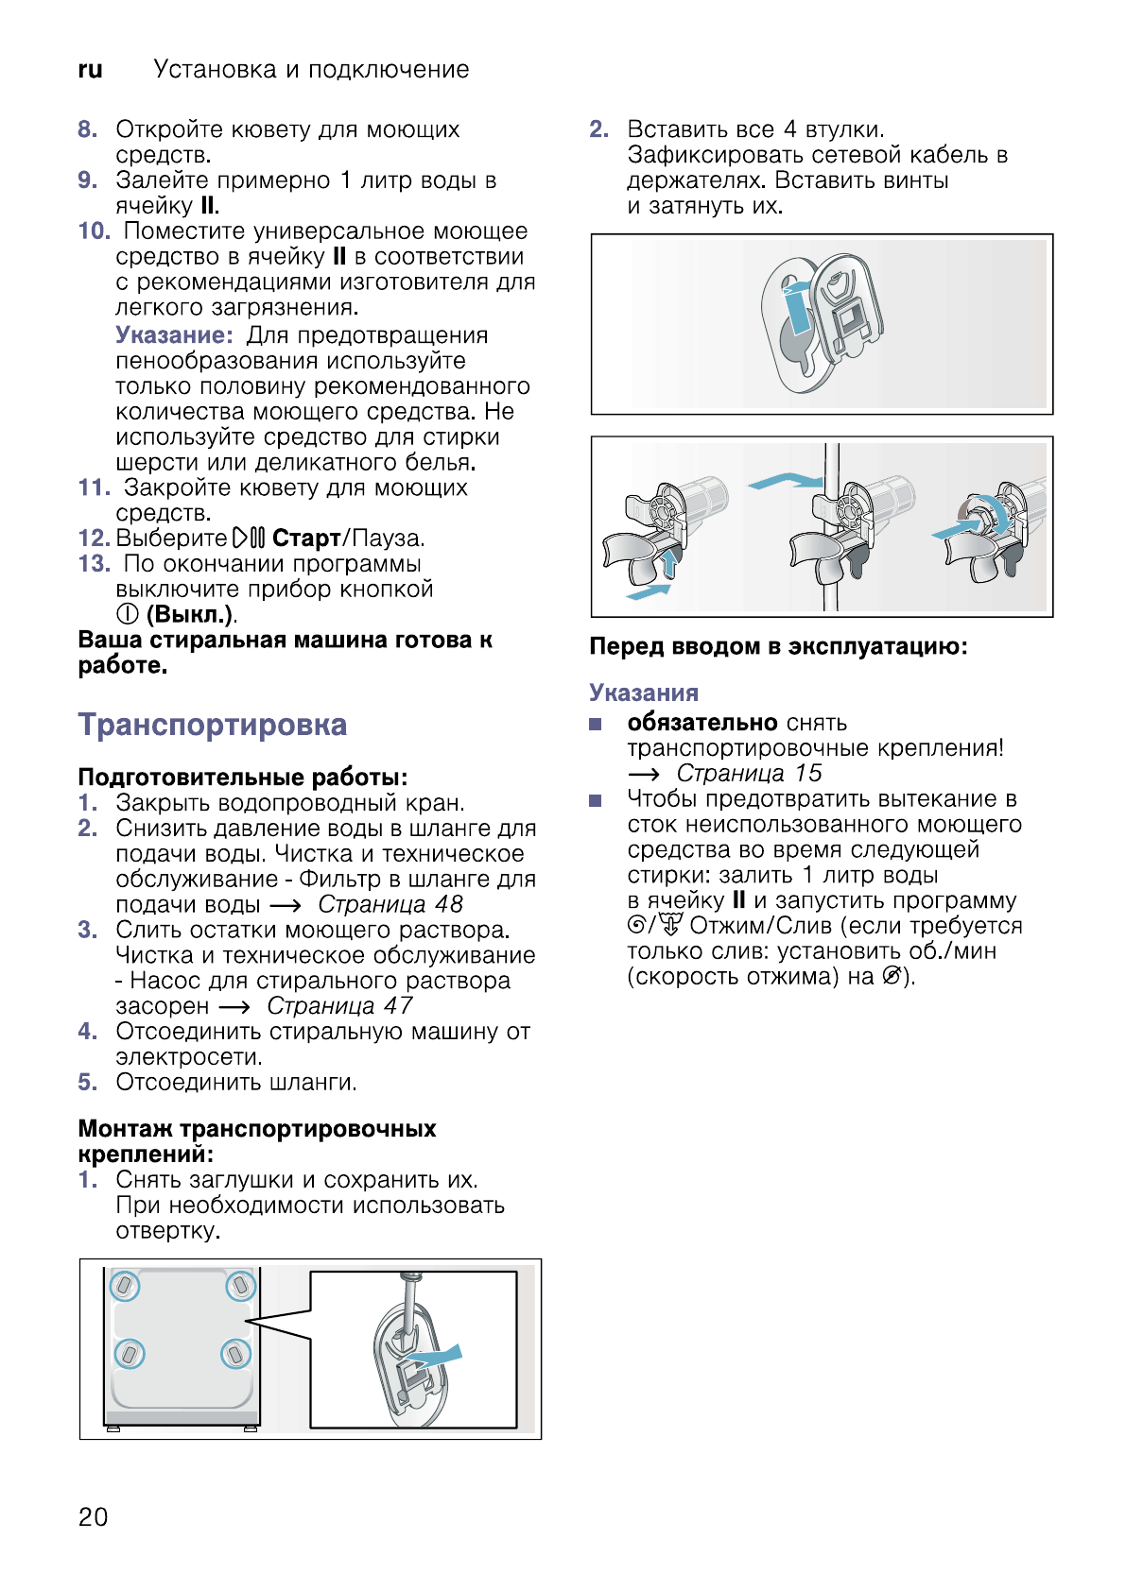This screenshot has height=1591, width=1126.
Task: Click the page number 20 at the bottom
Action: [x=93, y=1516]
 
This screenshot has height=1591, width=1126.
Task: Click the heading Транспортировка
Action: [x=213, y=725]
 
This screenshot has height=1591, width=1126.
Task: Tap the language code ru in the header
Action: [x=90, y=70]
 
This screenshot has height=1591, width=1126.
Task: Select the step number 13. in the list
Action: [x=94, y=564]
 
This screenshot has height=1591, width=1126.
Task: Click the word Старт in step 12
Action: [x=305, y=539]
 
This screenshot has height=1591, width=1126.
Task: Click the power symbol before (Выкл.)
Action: [x=128, y=614]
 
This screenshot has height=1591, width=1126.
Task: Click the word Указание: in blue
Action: [x=174, y=335]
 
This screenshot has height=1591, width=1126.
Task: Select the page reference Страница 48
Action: [x=390, y=904]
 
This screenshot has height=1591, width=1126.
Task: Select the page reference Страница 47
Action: [x=339, y=1005]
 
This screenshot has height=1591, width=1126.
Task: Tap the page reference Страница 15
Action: [x=749, y=773]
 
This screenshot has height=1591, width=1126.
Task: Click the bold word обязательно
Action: [x=702, y=723]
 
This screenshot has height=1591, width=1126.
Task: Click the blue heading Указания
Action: [x=643, y=693]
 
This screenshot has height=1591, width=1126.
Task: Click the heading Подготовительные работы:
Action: [x=242, y=777]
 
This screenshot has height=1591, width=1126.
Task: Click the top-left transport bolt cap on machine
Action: [x=125, y=1286]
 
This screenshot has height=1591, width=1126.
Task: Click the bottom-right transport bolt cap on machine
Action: [x=235, y=1354]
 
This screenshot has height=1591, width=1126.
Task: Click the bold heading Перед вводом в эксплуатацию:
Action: [x=777, y=646]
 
